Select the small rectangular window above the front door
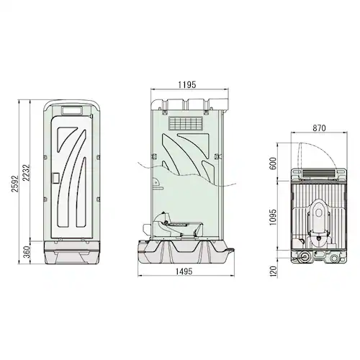pos(73,110)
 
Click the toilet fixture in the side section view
pos(173,225)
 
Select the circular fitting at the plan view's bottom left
pos(305,257)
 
